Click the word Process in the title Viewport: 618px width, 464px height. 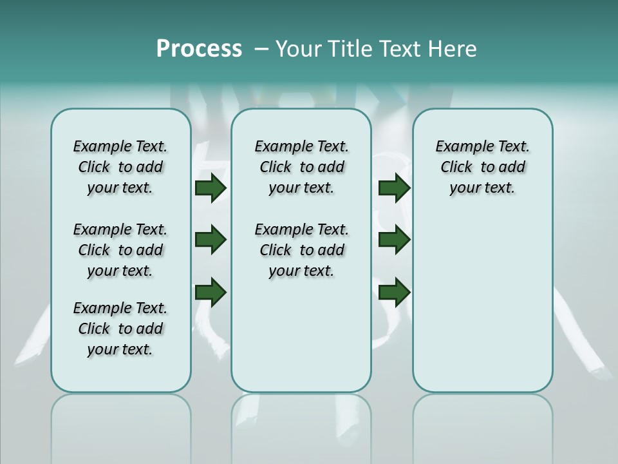(x=199, y=49)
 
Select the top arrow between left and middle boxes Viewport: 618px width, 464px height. (x=211, y=188)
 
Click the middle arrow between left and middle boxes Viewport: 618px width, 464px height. (x=211, y=240)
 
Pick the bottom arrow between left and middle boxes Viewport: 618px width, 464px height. (x=211, y=292)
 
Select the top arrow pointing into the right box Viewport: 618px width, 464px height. (x=394, y=188)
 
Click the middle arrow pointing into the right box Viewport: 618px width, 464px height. (x=394, y=240)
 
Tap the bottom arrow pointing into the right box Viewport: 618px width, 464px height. (x=394, y=292)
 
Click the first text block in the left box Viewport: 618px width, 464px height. (x=120, y=167)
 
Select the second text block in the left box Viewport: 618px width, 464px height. (x=120, y=250)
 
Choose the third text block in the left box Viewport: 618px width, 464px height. (x=120, y=329)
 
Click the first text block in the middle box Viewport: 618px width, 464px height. (x=301, y=167)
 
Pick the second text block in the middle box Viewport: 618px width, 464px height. (x=301, y=250)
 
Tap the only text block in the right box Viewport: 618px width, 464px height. (x=482, y=167)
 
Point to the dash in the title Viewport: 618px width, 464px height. (x=261, y=49)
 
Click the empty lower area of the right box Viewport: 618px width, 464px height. (x=482, y=303)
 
